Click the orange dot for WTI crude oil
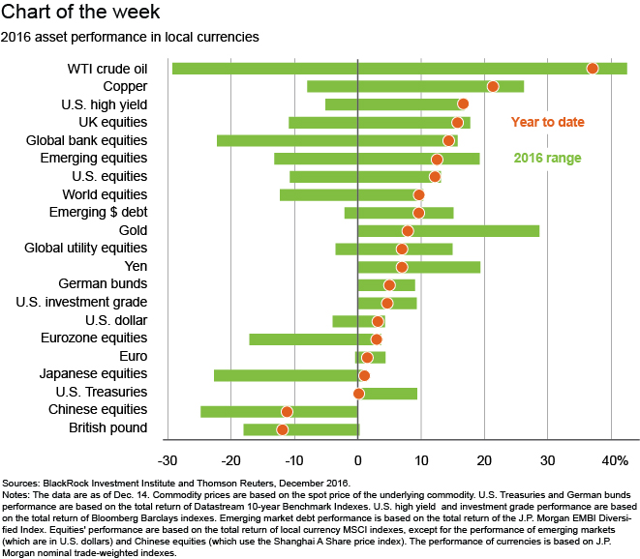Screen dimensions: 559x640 click(x=593, y=69)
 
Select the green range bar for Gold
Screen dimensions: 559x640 click(x=448, y=231)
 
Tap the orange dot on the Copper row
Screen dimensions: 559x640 click(x=493, y=87)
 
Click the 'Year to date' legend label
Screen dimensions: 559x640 click(x=548, y=122)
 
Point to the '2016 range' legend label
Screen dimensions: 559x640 click(x=548, y=158)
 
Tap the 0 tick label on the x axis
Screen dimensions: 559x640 click(x=358, y=459)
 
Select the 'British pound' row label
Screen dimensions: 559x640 click(x=108, y=428)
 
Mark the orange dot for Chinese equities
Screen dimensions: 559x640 click(x=287, y=411)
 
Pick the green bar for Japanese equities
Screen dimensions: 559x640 click(x=286, y=375)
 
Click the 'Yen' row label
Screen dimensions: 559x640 click(x=136, y=267)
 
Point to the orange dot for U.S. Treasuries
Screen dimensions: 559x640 click(x=359, y=394)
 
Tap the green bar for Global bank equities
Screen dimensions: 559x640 click(x=290, y=140)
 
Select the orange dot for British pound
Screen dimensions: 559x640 click(x=283, y=429)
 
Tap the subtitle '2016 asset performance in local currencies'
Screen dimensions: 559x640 click(x=131, y=38)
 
